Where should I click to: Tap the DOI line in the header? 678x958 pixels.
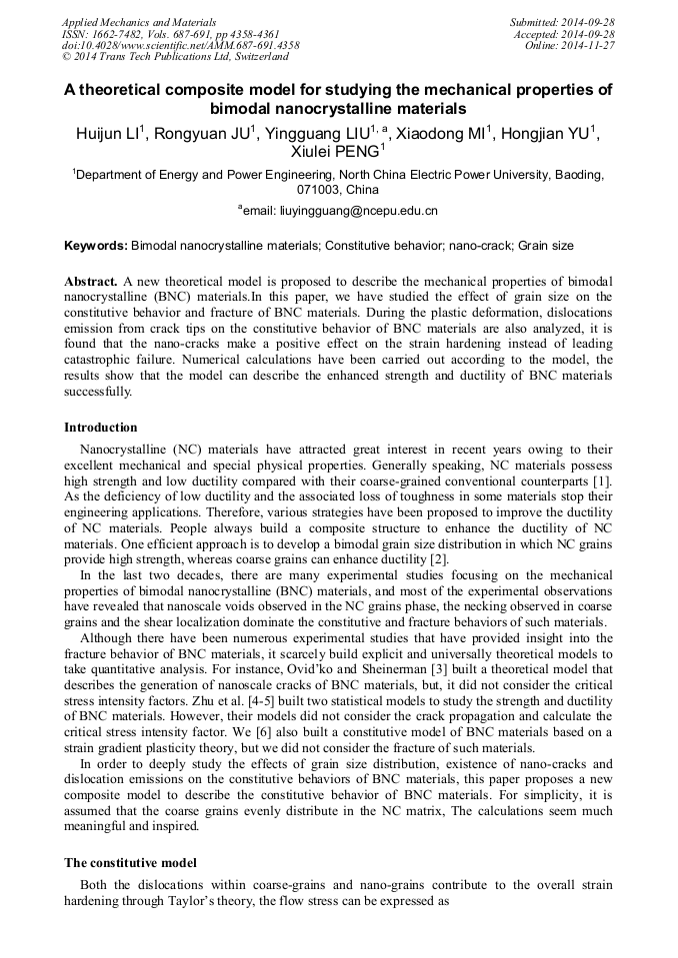pos(180,46)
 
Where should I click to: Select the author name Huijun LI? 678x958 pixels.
pos(110,133)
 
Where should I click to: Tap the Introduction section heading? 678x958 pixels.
pos(101,428)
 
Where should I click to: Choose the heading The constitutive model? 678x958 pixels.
pos(130,862)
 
